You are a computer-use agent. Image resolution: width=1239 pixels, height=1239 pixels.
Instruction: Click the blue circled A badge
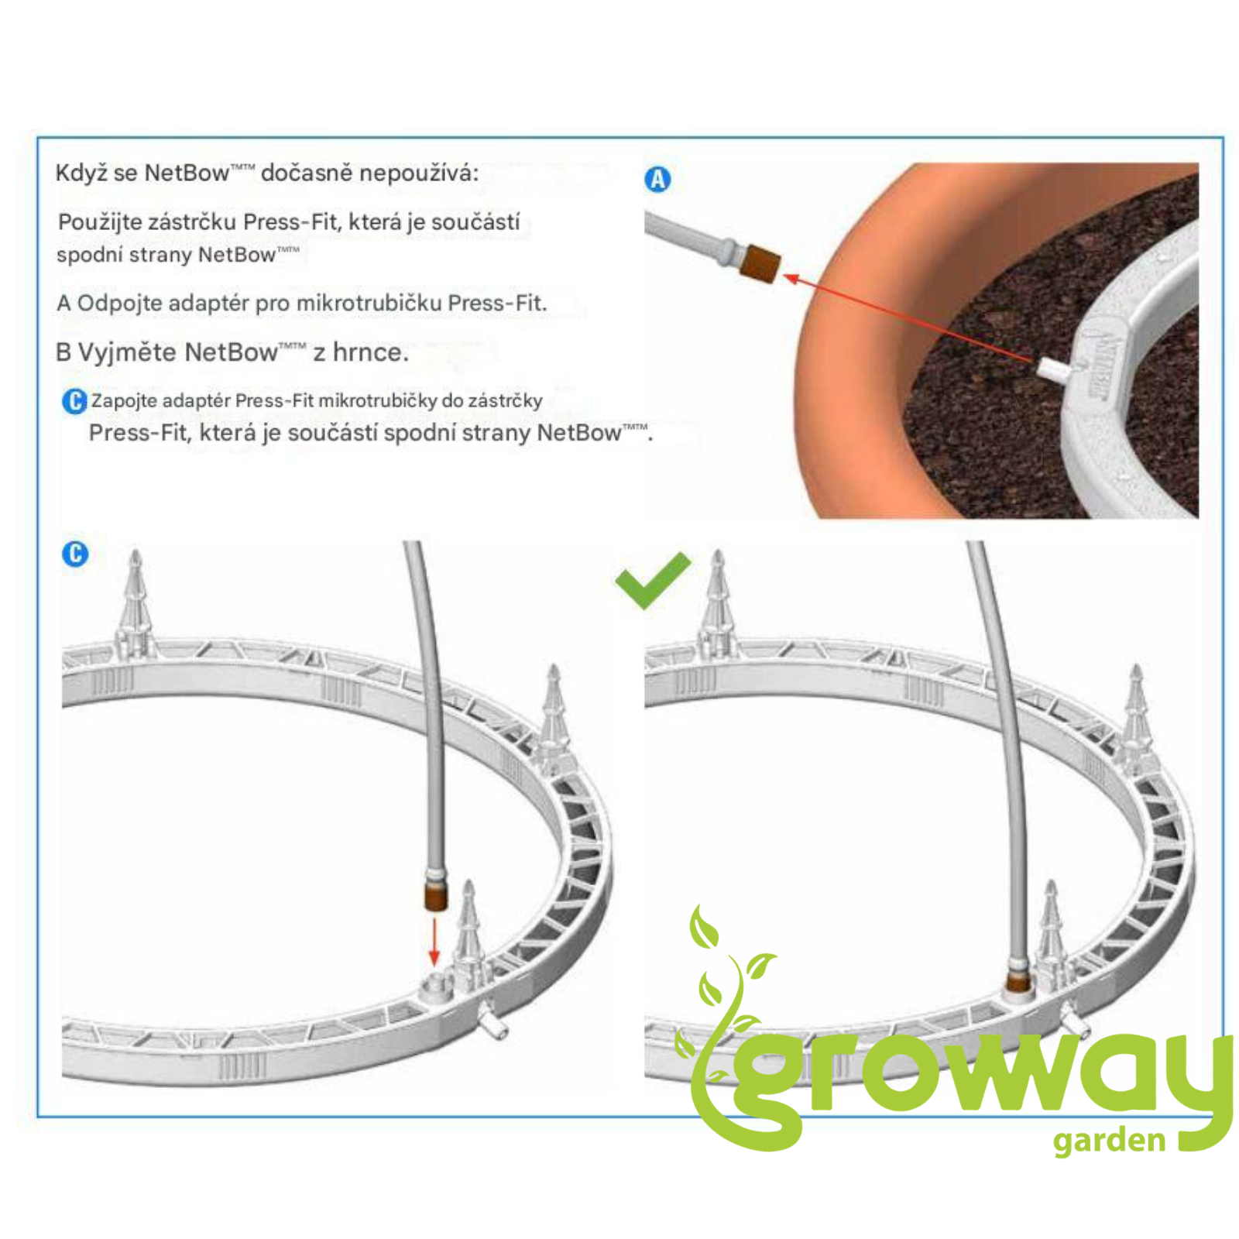(x=657, y=179)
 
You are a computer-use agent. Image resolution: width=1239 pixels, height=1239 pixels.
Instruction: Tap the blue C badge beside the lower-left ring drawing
(x=75, y=554)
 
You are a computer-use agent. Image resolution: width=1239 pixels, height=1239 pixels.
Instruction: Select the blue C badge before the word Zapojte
(x=74, y=401)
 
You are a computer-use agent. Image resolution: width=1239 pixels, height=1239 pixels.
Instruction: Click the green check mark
(x=652, y=580)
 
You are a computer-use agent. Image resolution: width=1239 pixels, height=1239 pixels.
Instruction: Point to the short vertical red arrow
(x=434, y=941)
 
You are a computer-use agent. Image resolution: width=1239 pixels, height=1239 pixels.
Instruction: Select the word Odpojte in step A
(x=119, y=303)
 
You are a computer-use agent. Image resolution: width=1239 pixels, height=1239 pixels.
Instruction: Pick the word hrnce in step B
(x=369, y=352)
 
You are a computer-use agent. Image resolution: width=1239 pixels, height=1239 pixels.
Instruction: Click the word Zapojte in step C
(x=124, y=401)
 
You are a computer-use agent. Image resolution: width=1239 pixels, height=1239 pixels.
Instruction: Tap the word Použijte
(x=100, y=222)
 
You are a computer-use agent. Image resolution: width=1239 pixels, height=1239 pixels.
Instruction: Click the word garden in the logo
(x=1109, y=1141)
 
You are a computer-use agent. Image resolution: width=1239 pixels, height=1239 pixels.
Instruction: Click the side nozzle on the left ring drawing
(x=493, y=1021)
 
